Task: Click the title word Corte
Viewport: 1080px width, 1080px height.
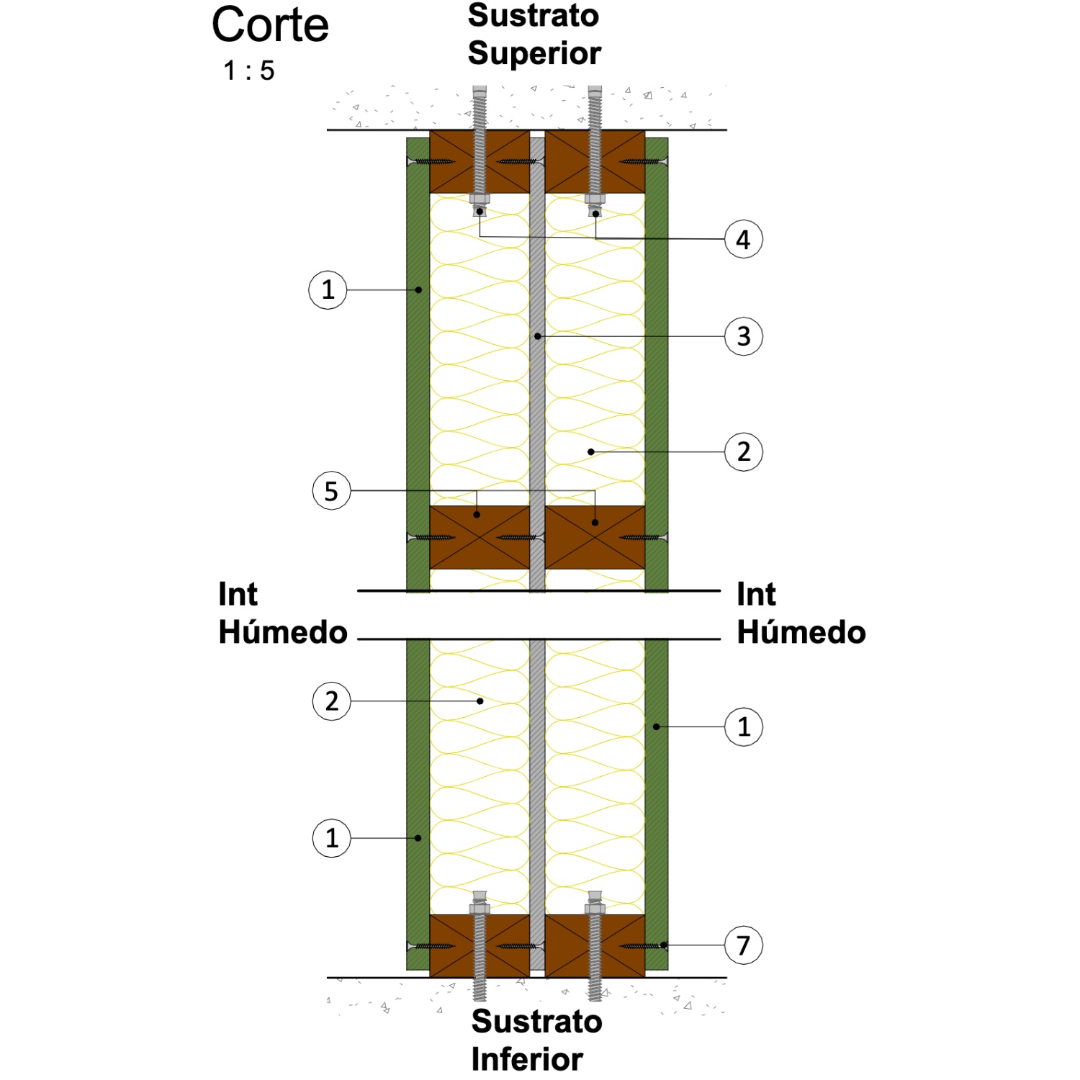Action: (x=270, y=25)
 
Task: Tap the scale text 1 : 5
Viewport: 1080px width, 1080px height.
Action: (x=248, y=71)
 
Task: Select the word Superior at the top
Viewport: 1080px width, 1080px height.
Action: (x=534, y=54)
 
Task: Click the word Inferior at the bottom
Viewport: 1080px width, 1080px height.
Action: (x=527, y=1059)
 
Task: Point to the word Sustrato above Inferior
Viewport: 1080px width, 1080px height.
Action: (x=536, y=1021)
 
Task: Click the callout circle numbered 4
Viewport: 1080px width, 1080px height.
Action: (x=743, y=239)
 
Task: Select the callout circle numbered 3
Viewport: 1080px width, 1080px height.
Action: (x=743, y=336)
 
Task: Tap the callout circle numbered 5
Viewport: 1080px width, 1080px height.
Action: (x=331, y=491)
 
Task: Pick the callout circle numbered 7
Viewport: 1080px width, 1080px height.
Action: (x=743, y=945)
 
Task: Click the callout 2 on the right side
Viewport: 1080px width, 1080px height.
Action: (x=743, y=452)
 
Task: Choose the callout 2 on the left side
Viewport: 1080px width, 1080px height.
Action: (x=331, y=701)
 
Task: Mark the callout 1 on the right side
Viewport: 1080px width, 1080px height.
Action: (x=743, y=726)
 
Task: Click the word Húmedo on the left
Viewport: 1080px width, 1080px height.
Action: (x=283, y=631)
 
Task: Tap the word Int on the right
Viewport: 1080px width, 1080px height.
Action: (x=756, y=595)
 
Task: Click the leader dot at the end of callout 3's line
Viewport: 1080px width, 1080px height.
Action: (x=537, y=336)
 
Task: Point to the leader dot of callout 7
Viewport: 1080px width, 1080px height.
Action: (x=664, y=945)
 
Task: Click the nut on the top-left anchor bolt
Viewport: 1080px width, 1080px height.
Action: (x=480, y=199)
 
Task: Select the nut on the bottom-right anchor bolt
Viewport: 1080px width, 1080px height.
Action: (x=595, y=909)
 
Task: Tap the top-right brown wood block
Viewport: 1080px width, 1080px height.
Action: (x=595, y=161)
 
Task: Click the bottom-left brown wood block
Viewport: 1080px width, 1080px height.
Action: (x=480, y=946)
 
